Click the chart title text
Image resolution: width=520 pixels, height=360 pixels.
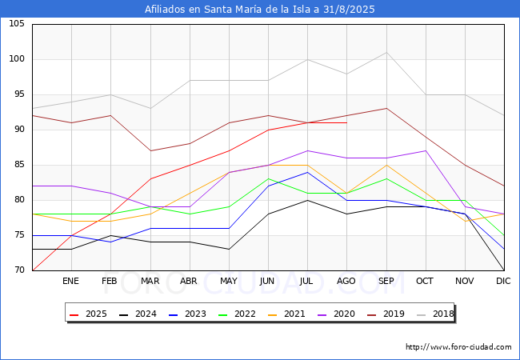(260, 10)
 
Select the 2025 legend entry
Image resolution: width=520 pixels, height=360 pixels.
(88, 314)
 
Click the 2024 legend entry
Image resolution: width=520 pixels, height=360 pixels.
(138, 314)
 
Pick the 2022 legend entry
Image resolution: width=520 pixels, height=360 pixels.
(237, 314)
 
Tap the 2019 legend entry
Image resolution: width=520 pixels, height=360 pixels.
(386, 314)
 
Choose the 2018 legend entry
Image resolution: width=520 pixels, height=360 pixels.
(435, 314)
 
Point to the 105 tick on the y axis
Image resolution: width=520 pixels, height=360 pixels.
(17, 24)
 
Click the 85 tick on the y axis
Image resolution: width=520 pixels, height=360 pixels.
(19, 165)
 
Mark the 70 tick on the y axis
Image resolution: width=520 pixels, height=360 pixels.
(19, 270)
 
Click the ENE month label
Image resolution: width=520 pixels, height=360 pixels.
(70, 281)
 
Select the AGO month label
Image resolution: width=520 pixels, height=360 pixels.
(346, 281)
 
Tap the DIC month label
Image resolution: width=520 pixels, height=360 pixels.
(503, 281)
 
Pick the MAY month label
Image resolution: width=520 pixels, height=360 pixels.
(229, 281)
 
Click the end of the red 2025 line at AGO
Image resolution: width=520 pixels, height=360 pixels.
(347, 122)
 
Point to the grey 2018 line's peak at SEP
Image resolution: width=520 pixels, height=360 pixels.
(386, 52)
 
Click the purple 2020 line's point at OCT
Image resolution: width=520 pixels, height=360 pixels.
(426, 151)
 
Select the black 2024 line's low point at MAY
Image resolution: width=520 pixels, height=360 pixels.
(229, 250)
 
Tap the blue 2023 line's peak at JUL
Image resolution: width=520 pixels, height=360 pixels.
(308, 172)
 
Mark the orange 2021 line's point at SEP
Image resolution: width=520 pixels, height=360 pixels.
(386, 165)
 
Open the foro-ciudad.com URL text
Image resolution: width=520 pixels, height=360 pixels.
(458, 347)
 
